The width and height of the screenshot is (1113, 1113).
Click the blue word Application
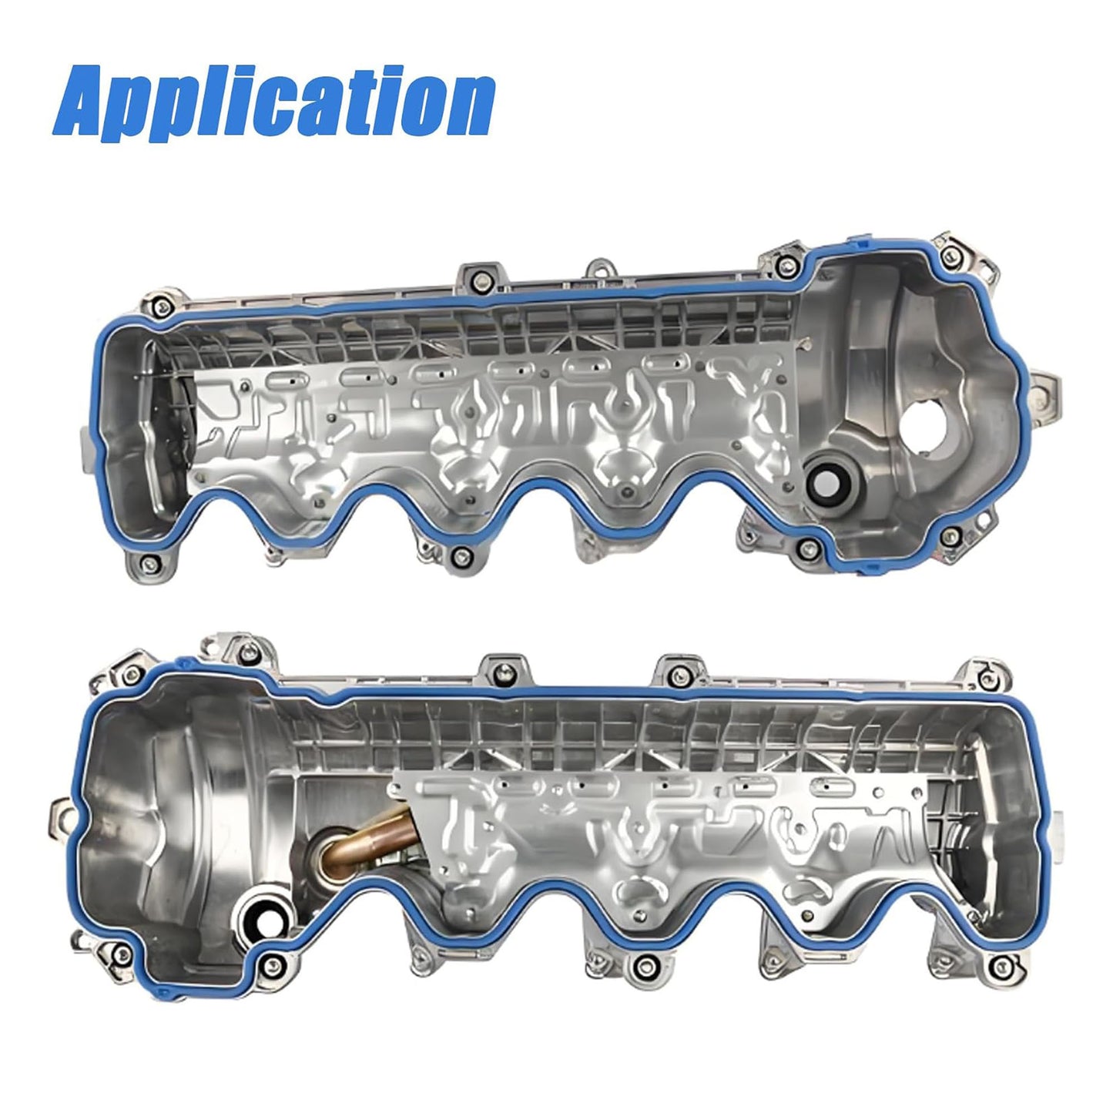point(273,102)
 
